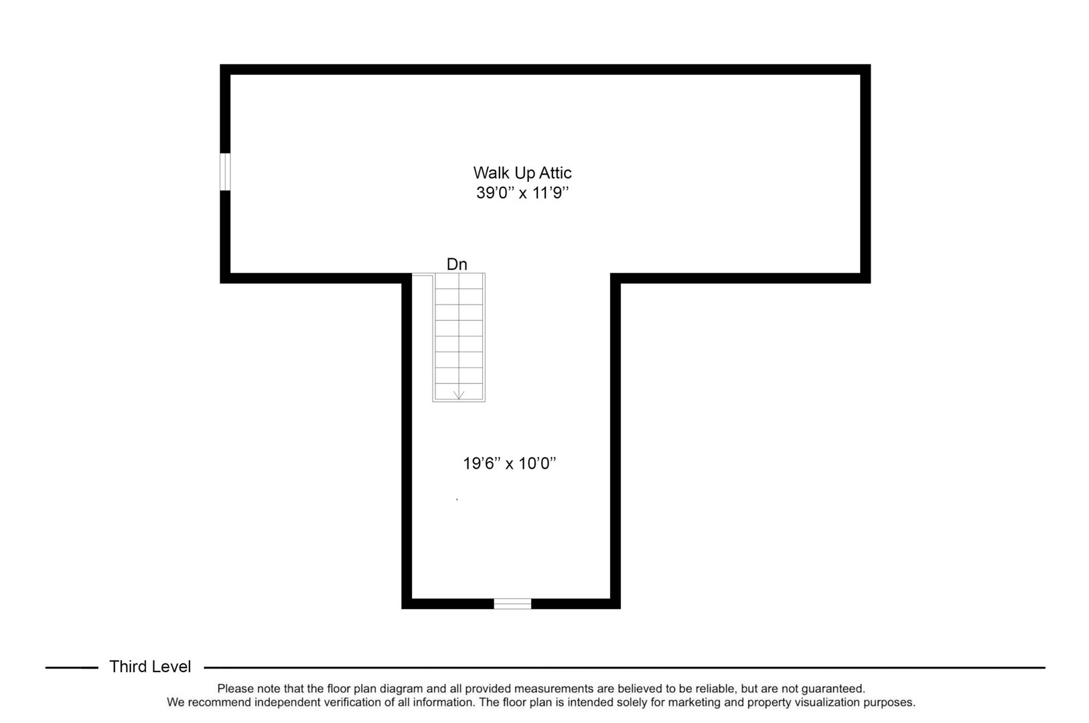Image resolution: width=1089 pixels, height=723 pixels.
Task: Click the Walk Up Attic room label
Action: click(522, 173)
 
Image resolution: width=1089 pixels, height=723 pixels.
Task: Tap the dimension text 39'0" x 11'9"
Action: click(522, 193)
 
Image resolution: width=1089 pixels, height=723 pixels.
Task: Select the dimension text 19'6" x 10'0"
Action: click(510, 463)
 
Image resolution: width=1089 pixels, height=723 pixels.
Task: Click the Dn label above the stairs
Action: click(457, 264)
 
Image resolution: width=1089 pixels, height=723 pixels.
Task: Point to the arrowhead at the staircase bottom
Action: click(459, 395)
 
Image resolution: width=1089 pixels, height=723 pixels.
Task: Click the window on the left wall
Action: click(225, 172)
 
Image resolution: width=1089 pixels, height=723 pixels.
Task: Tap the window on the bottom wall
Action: click(512, 604)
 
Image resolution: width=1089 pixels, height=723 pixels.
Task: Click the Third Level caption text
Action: click(150, 667)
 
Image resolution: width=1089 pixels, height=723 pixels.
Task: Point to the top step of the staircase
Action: click(459, 281)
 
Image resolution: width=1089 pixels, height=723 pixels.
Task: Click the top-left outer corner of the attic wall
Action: click(222, 66)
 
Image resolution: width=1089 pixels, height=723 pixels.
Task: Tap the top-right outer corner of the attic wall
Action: click(869, 66)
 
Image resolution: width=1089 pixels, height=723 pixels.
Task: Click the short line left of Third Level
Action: click(71, 667)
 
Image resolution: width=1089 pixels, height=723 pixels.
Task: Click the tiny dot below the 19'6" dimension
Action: click(457, 499)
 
